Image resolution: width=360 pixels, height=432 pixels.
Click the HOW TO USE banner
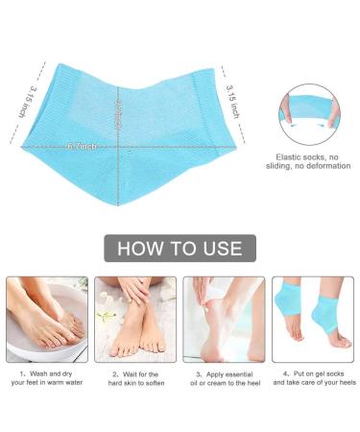[x=180, y=249]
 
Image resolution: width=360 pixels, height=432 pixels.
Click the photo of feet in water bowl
[x=46, y=319]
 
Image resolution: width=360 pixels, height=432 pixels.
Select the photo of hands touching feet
[x=134, y=319]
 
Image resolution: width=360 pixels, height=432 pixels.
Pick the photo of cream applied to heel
[x=224, y=319]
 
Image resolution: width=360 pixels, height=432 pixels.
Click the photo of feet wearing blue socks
[x=312, y=319]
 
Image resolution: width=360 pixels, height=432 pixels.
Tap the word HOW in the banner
[x=140, y=249]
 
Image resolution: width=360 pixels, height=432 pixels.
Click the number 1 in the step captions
[x=20, y=372]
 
